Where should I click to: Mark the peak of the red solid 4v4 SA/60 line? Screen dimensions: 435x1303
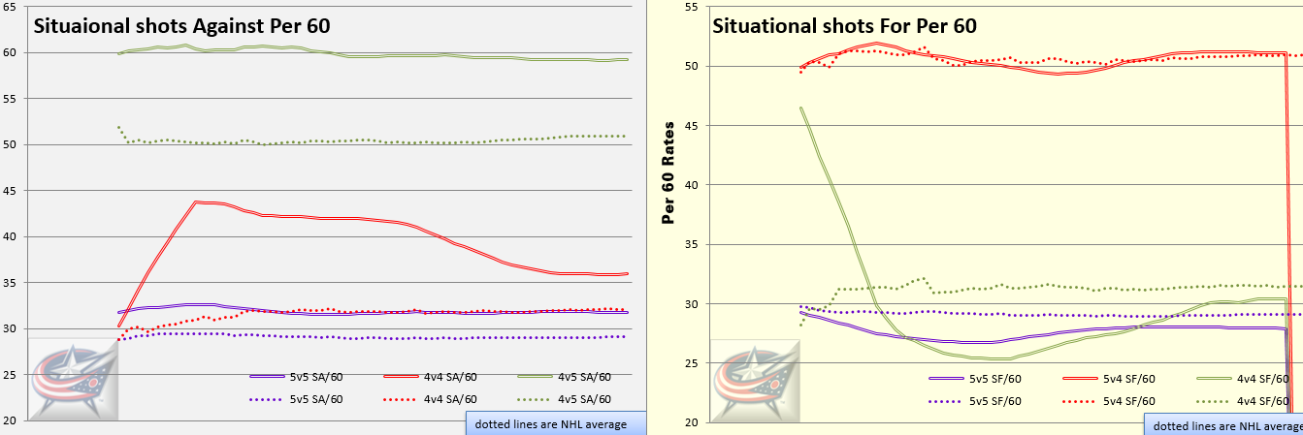pos(198,202)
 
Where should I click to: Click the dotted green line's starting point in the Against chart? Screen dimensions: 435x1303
pos(118,127)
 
